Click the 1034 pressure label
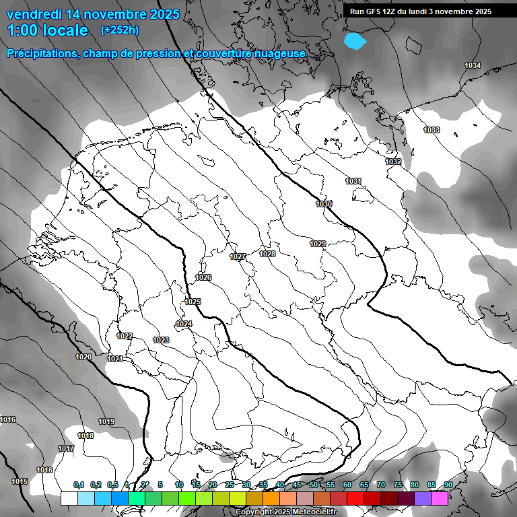tap(473, 65)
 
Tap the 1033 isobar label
tap(432, 130)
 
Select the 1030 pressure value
tap(324, 203)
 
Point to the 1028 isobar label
tap(267, 254)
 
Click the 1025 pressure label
tap(193, 302)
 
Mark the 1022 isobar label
tap(125, 336)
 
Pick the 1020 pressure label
tap(83, 357)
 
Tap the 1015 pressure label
tap(20, 481)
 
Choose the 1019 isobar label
tap(106, 421)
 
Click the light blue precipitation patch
tap(355, 41)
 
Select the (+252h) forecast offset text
tap(120, 30)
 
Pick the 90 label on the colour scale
tap(448, 485)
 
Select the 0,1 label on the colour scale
tap(79, 485)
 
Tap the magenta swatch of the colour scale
tap(440, 498)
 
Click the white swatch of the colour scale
tap(69, 498)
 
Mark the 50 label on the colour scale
tap(314, 485)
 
